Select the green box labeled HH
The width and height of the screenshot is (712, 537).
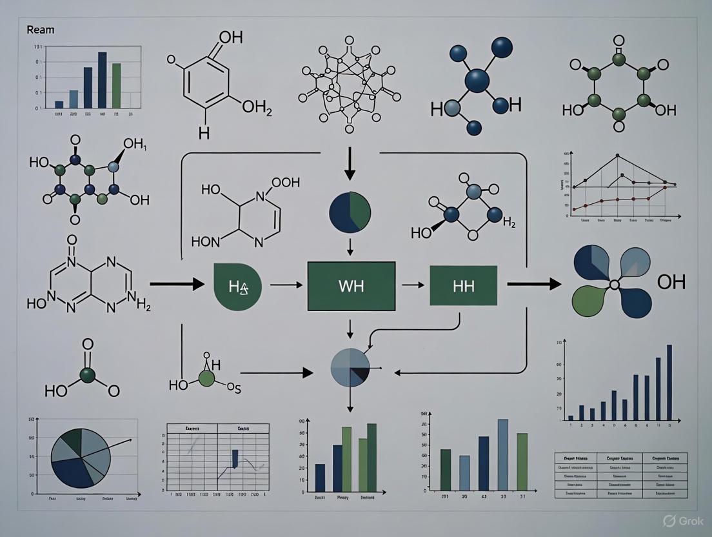tap(463, 285)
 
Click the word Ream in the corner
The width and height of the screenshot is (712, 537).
tap(39, 30)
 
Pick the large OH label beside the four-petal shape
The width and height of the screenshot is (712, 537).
tap(671, 282)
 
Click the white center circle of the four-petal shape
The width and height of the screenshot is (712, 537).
tap(614, 284)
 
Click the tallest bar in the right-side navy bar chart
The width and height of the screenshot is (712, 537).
tap(669, 383)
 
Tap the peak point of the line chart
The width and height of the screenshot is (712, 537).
tap(617, 156)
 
